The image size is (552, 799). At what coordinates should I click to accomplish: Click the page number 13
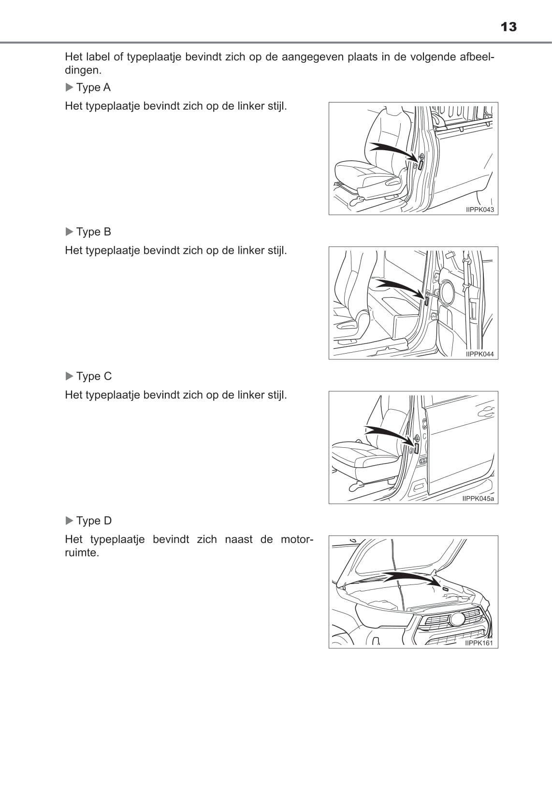click(x=508, y=27)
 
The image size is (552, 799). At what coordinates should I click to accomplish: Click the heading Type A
click(x=93, y=87)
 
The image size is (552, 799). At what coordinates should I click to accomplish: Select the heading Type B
click(x=93, y=232)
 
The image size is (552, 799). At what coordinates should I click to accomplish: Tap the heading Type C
click(x=94, y=376)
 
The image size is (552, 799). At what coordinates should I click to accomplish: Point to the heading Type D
click(x=94, y=521)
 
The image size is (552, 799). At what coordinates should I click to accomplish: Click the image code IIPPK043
click(x=480, y=210)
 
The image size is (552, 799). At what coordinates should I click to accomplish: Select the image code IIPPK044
click(x=480, y=354)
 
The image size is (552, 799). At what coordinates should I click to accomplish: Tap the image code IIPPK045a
click(x=478, y=499)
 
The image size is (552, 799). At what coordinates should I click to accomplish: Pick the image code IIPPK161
click(x=479, y=643)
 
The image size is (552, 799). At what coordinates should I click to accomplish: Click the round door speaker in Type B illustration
click(x=446, y=292)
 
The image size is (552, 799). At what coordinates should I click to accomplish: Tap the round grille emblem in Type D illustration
click(x=457, y=619)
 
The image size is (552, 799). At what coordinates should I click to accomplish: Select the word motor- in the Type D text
click(x=296, y=540)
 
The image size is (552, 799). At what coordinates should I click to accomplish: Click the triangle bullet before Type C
click(x=70, y=376)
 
